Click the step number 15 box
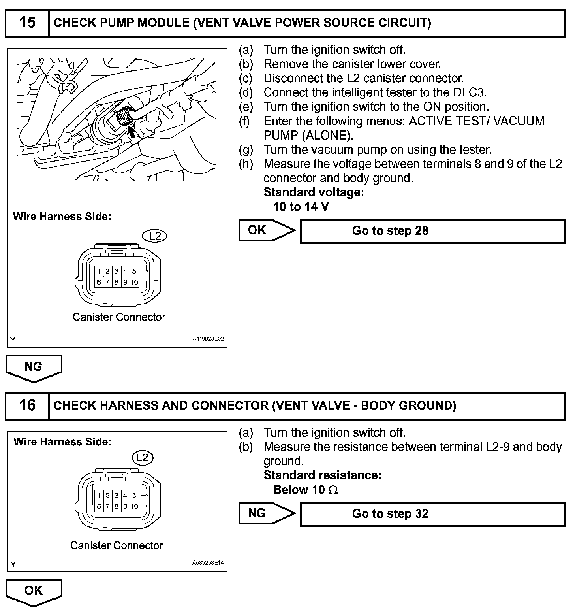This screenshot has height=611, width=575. pos(27,23)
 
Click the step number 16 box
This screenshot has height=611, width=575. pos(27,405)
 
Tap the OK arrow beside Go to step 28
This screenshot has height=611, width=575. pos(267,230)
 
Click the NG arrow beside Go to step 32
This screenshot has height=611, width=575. pos(267,513)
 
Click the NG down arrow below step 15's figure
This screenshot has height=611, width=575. pos(34,368)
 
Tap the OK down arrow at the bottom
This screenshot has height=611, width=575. pos(34,592)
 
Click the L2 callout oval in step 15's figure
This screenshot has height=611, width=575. pos(155,236)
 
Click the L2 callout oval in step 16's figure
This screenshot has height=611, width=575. pos(142,458)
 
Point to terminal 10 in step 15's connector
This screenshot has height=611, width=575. pos(134,282)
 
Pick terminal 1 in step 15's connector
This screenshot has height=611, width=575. pos(99,271)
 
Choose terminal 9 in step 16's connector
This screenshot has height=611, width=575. pos(125,506)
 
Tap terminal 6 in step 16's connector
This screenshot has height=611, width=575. pos(99,506)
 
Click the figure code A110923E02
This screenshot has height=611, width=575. pos(208,339)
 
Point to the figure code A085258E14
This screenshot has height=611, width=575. pos(208,563)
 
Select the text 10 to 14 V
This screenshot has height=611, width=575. pos(301,207)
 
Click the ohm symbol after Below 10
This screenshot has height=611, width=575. pos(333,490)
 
